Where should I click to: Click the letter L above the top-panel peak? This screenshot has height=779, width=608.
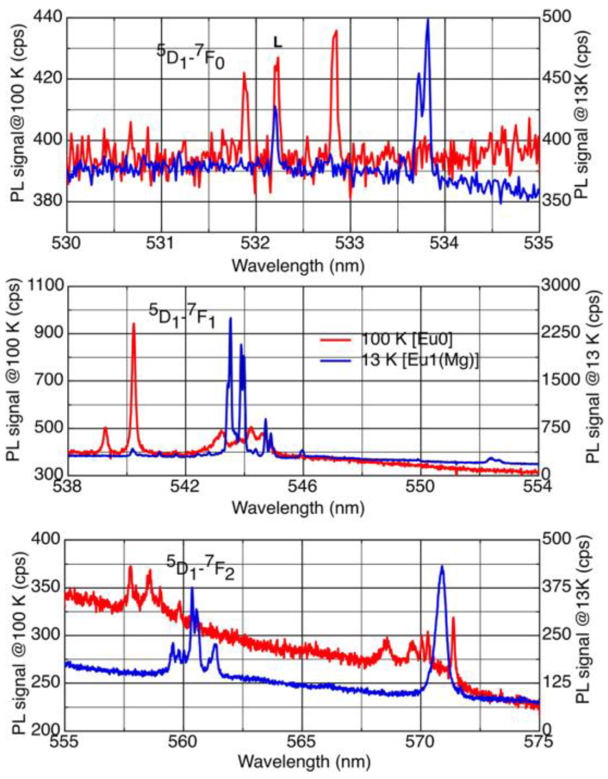(277, 43)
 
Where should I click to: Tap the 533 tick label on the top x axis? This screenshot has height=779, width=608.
(350, 243)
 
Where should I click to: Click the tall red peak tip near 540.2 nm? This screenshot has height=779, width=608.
(133, 324)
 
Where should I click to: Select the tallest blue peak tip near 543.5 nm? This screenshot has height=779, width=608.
(230, 319)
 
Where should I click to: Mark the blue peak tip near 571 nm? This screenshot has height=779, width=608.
(441, 566)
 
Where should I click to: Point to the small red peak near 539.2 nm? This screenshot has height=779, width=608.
(105, 428)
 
